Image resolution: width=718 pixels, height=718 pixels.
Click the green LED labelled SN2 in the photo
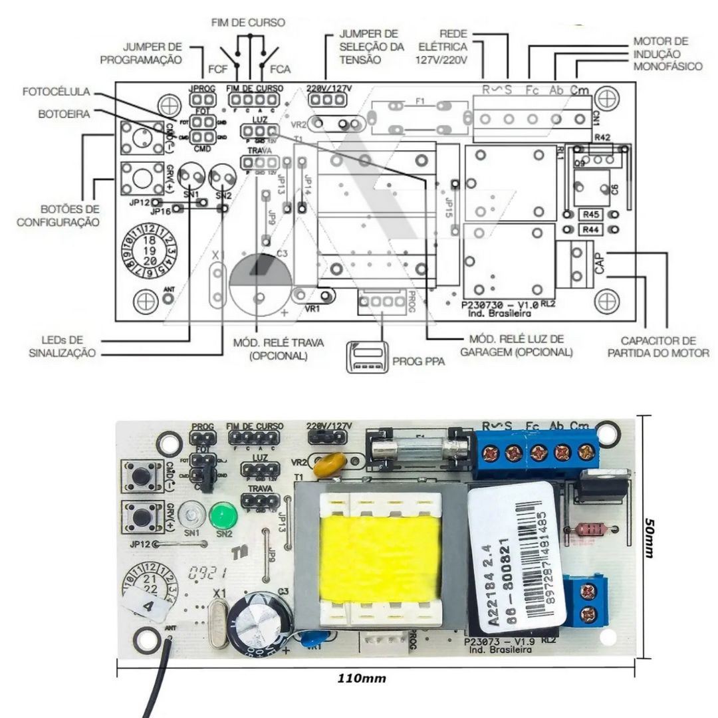(224, 515)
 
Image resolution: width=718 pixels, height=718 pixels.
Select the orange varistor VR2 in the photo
(328, 465)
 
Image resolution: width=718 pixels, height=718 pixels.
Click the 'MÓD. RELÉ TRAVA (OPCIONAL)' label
(279, 349)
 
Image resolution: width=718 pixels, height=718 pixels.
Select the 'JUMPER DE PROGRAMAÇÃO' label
(141, 53)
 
